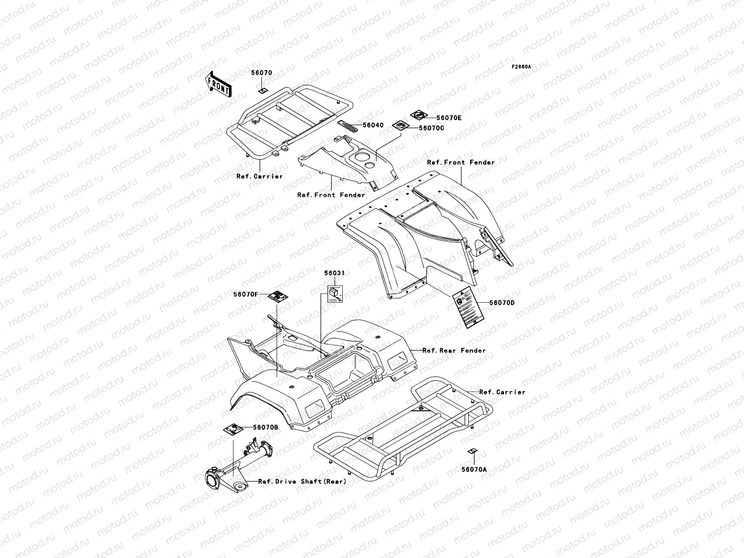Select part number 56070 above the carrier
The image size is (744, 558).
click(x=262, y=73)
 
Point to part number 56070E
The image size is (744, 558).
click(x=449, y=118)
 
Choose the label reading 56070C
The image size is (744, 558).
click(x=432, y=128)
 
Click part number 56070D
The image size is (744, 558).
click(x=502, y=303)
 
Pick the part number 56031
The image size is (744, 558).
click(x=334, y=273)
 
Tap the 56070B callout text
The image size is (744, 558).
click(x=266, y=427)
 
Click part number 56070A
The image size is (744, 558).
click(x=474, y=470)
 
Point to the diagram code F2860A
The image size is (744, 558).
click(x=521, y=67)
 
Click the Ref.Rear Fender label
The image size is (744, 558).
click(x=454, y=351)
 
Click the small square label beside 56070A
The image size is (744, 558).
click(x=472, y=452)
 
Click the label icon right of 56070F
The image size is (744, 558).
click(x=278, y=296)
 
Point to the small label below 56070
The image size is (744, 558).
click(x=275, y=91)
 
